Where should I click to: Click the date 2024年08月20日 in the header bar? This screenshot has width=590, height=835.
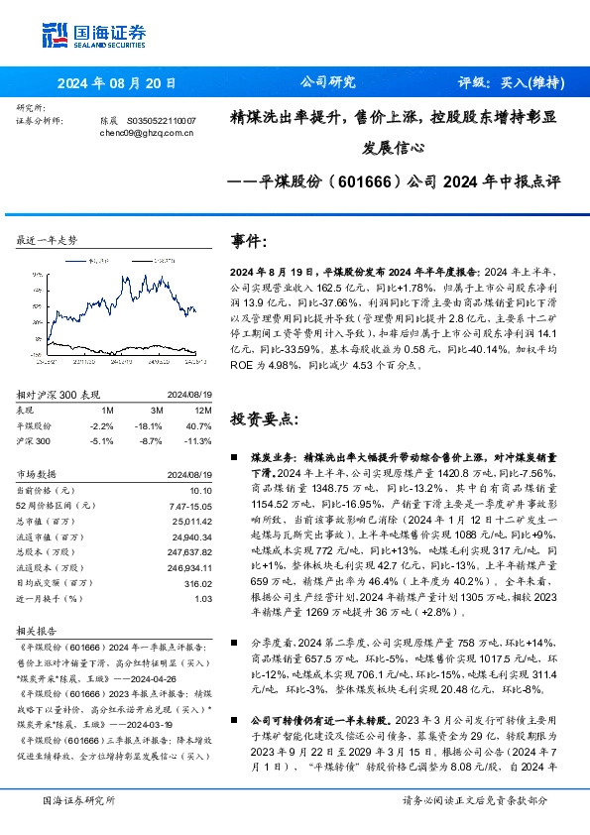point(116,83)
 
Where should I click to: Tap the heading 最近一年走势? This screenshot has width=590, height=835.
point(48,240)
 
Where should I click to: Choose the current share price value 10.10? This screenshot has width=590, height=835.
point(201,490)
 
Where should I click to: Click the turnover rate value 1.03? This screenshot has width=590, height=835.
point(203,598)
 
